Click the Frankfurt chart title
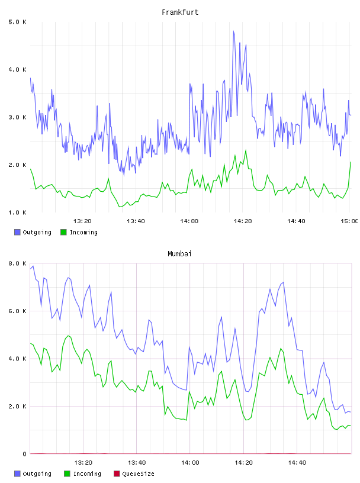pos(180,12)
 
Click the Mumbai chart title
pos(179,254)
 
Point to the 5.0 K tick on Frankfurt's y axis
pos(18,22)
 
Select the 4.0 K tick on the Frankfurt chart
pos(18,70)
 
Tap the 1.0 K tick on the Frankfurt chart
pos(18,212)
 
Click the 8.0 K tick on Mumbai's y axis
pos(18,263)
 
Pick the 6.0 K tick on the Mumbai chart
pos(18,311)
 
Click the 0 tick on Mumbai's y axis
pos(24,454)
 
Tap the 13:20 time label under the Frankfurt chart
pos(82,221)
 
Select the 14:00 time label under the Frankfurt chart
pos(189,221)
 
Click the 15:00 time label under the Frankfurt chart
pos(349,221)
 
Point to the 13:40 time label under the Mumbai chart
pos(137,462)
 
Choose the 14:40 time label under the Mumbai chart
pos(297,462)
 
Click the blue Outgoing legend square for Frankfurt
pos(17,232)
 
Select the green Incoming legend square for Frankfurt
pos(63,232)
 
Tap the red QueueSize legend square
pos(117,474)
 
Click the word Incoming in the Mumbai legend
pos(87,474)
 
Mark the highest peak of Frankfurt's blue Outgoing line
pos(234,31)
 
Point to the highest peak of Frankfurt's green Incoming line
pos(246,150)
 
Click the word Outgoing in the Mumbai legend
pos(37,474)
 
